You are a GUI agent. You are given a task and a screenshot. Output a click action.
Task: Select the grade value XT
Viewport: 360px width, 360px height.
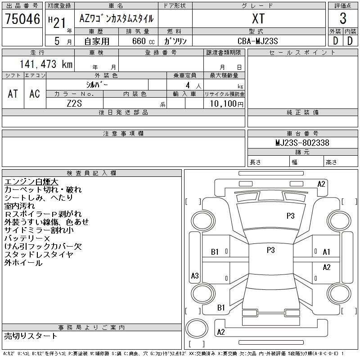258,19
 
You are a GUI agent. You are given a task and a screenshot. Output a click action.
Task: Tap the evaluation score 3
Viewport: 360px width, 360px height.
343,19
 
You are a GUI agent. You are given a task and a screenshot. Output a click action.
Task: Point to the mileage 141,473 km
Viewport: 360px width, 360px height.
45,64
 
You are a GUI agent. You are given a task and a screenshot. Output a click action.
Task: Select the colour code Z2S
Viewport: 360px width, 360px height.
75,103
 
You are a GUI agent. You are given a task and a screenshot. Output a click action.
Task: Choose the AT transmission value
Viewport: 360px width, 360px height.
13,94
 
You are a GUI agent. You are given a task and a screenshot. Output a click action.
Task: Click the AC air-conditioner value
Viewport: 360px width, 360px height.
35,94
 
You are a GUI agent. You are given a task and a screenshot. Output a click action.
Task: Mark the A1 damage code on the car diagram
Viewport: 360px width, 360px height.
327,252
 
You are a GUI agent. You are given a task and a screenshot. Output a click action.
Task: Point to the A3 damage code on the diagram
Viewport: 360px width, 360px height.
195,276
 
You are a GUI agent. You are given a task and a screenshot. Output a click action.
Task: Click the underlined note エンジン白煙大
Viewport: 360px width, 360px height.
31,182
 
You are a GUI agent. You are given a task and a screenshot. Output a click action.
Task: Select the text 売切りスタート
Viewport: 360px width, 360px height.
31,336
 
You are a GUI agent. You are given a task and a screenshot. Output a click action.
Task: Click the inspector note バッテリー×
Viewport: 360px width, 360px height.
27,238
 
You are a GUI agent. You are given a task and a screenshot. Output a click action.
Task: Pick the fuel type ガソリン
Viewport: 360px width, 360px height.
175,41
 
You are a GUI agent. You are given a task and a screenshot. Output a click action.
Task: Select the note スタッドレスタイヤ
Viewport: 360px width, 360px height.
38,255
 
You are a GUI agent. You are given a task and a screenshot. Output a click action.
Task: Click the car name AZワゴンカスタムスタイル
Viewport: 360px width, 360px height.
116,19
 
